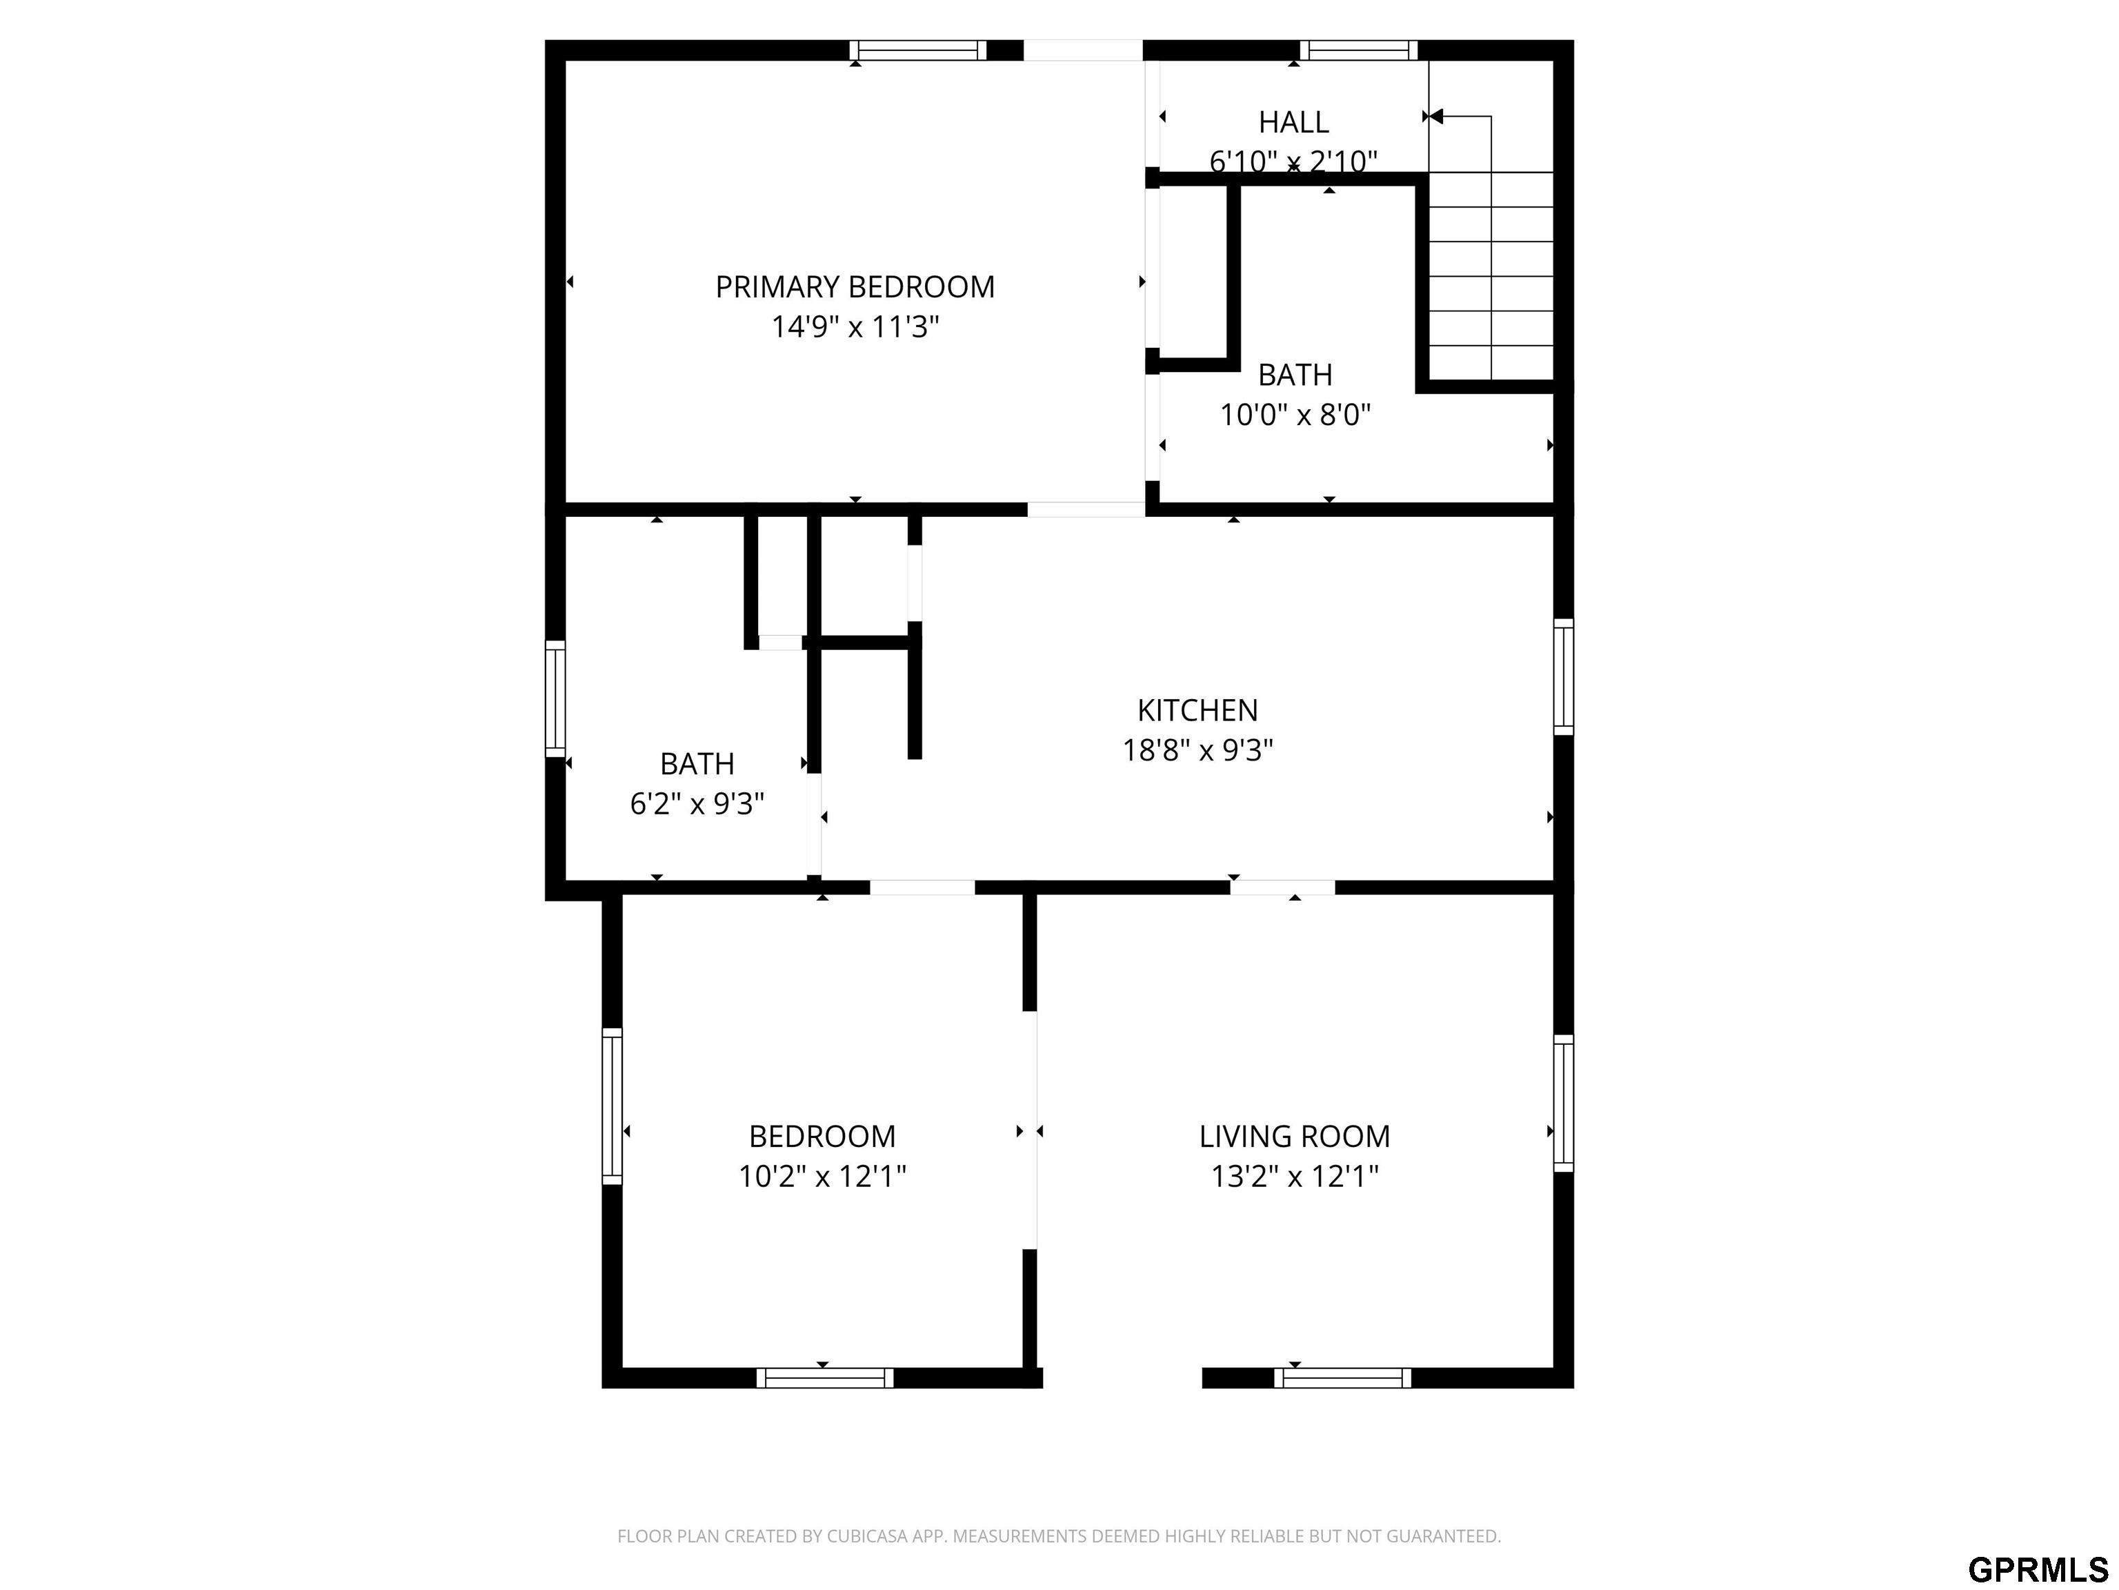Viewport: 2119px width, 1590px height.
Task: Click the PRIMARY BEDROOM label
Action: pos(855,286)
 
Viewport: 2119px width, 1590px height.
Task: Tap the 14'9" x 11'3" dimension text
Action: pos(855,327)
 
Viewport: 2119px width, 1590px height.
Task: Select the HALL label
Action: pos(1293,121)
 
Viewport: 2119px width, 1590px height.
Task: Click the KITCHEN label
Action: pos(1197,710)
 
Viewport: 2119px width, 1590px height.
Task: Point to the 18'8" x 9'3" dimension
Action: pos(1197,749)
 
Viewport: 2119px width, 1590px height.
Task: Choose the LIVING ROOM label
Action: pos(1294,1136)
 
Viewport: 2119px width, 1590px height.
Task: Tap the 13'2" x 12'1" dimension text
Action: pos(1294,1176)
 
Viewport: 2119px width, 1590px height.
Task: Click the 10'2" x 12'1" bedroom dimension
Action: pos(822,1176)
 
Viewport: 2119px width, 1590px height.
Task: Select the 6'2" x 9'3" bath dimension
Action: pos(697,803)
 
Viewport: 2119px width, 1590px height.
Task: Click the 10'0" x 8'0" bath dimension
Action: pos(1295,415)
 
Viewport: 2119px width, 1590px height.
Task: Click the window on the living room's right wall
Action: pos(1564,1103)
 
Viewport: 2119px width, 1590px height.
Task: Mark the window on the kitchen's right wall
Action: pos(1564,678)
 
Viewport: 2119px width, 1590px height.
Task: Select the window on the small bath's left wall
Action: pos(555,698)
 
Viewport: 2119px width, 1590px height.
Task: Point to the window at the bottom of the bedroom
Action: pos(825,1378)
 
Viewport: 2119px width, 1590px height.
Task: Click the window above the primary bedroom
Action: pos(917,50)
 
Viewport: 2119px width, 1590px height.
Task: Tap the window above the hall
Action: pos(1358,50)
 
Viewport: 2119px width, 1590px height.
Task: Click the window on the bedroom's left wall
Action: pos(611,1106)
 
